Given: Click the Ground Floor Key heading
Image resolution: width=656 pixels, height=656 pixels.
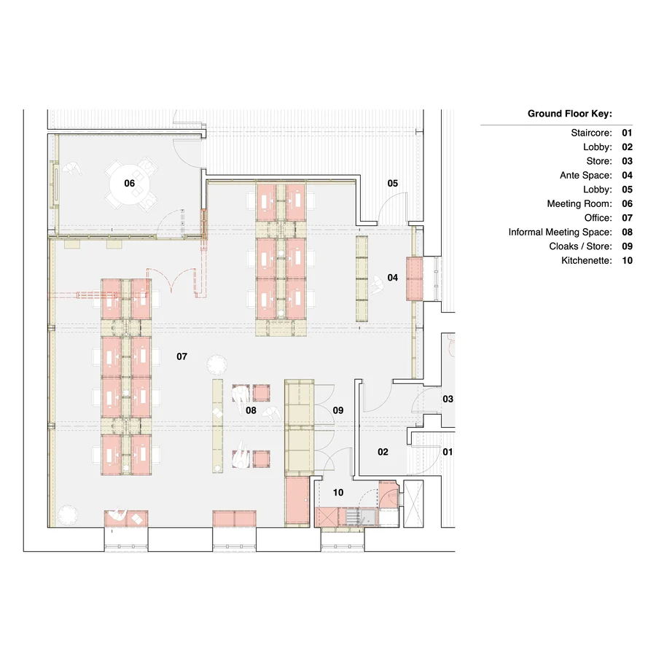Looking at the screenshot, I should point(569,114).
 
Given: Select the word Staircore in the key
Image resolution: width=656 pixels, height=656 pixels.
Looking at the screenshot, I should point(591,133).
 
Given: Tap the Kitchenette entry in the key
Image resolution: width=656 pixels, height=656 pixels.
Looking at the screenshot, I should point(586,260).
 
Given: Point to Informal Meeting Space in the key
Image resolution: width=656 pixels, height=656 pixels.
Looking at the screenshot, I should point(560,232).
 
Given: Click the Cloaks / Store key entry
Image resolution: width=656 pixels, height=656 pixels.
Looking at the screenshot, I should point(580,246).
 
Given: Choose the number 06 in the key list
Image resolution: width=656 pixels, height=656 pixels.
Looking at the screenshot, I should point(627,204).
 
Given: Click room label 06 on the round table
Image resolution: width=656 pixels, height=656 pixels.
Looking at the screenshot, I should point(130,183).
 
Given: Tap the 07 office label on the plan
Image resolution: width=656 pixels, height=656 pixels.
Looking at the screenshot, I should point(182,356).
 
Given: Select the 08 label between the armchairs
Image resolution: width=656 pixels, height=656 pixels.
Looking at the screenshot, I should point(251,411).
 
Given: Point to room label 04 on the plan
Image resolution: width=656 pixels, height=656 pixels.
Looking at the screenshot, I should point(393,277).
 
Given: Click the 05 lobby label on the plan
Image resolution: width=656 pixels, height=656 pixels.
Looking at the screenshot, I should point(393,184).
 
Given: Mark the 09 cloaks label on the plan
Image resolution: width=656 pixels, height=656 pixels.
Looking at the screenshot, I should point(338,411).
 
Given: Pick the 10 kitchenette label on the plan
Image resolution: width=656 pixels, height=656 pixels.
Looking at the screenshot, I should point(338,493).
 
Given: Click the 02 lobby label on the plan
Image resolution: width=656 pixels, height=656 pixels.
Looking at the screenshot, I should point(383,452).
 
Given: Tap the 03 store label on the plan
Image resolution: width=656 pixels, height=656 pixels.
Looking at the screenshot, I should point(448,399).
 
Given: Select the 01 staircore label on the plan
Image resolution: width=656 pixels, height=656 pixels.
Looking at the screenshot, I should point(448,452).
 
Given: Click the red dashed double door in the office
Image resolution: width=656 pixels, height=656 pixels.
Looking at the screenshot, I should point(173,281).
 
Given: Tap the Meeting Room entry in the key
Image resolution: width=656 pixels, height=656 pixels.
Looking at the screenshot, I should point(579,204).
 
